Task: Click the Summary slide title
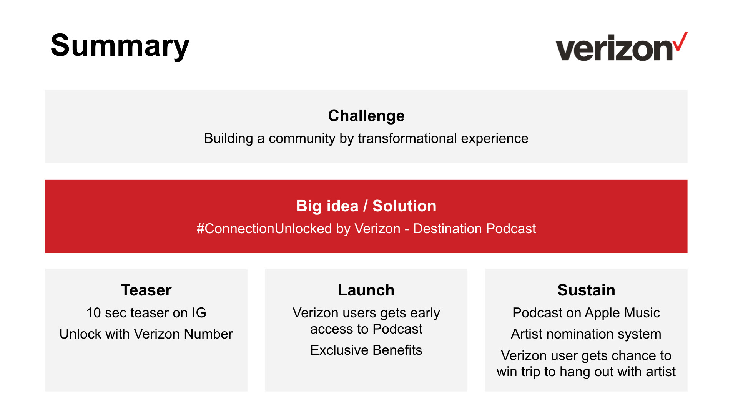click(120, 46)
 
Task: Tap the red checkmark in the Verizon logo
click(681, 41)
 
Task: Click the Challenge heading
click(366, 116)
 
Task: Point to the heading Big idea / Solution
click(366, 206)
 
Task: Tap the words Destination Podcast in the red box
click(474, 229)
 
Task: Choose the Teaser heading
click(146, 290)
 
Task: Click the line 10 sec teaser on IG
click(146, 313)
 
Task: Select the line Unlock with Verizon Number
click(146, 334)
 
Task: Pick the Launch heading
click(366, 290)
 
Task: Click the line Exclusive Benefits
click(366, 350)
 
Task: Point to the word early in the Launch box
click(424, 314)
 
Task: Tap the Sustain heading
click(587, 290)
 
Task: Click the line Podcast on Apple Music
click(586, 313)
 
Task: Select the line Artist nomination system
click(586, 334)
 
